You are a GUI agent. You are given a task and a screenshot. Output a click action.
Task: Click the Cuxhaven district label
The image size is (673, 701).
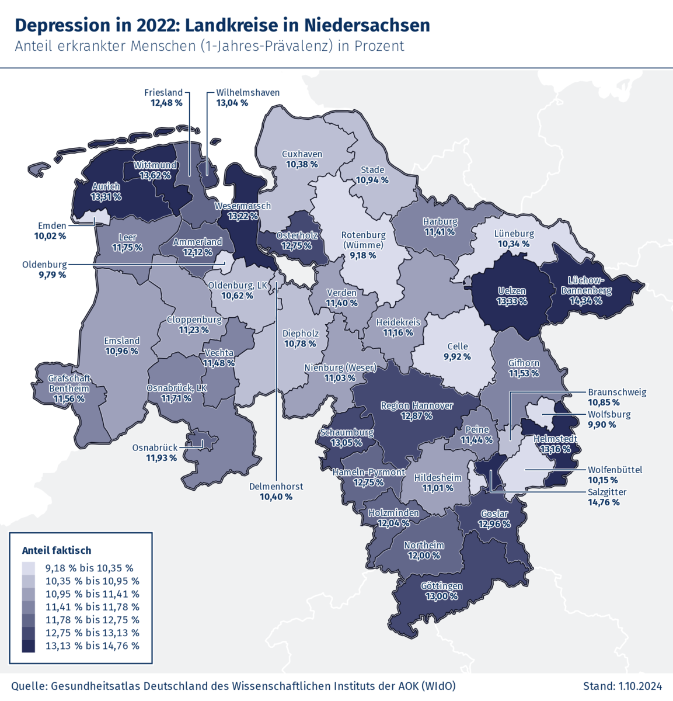pos(302,154)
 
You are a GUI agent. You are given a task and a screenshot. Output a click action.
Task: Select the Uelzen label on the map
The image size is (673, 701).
pos(512,291)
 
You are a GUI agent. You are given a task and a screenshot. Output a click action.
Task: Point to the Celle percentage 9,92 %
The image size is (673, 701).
pos(457,356)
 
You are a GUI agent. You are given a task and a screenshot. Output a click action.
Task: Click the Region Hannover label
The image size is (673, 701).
pos(417,405)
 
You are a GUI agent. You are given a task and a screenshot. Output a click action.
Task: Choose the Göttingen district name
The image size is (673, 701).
pos(441,586)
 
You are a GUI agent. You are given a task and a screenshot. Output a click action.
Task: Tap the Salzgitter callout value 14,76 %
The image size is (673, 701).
pos(604,502)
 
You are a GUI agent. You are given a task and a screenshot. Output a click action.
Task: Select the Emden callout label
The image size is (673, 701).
pos(52,225)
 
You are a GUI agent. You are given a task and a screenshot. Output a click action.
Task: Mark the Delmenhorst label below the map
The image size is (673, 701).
pos(276,486)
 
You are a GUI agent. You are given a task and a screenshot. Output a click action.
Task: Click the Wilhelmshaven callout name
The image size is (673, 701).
pos(247,92)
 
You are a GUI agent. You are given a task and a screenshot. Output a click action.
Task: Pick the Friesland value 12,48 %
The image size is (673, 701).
pos(166,103)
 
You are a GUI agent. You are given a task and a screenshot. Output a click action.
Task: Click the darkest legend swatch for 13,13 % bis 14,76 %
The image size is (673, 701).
pos(29,646)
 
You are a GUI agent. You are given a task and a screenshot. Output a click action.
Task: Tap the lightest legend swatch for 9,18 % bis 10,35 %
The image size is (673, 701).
pos(29,568)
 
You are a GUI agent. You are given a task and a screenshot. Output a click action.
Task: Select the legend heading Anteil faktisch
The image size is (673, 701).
pos(57,550)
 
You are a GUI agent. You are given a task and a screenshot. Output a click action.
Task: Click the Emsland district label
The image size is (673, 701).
pos(122,341)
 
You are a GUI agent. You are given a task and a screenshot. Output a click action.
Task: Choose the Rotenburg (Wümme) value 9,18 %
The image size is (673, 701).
pos(363,256)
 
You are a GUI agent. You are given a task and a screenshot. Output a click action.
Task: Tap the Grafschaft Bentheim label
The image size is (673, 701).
pos(69,383)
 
